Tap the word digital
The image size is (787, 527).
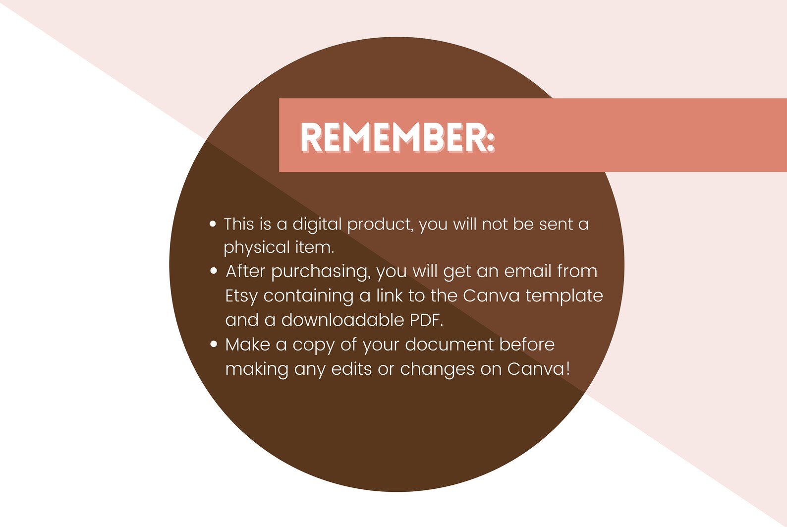317,225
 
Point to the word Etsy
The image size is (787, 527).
241,296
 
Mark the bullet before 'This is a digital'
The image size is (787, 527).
213,224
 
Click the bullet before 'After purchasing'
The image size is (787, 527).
214,271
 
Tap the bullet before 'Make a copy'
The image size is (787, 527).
214,344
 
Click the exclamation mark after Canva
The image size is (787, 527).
568,369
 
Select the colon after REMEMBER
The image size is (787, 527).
490,140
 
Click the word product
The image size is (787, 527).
380,225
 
